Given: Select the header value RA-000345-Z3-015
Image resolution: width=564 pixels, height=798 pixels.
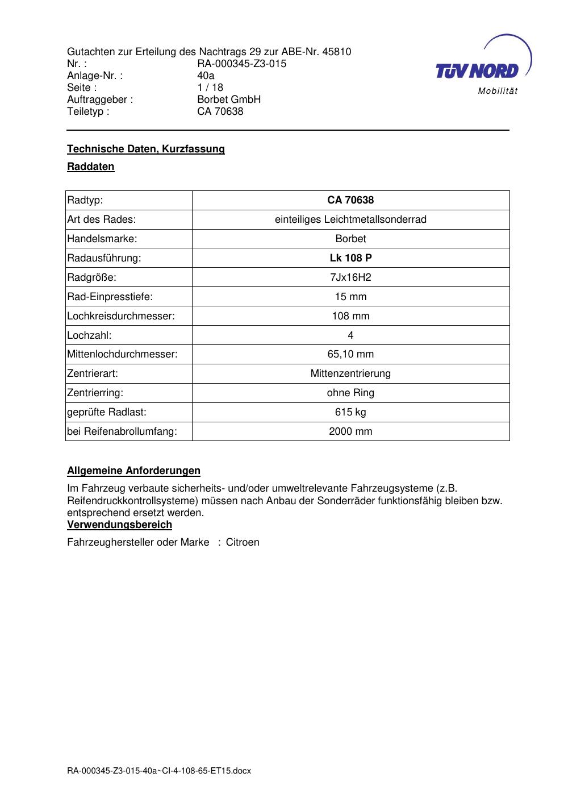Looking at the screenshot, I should point(241,64).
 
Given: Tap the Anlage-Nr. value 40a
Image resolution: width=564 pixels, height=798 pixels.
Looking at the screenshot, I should point(206,76).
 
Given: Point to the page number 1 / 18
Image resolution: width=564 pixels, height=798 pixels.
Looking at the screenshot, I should point(210,88).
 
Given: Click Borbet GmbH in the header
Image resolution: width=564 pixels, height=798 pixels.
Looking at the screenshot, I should point(229,99).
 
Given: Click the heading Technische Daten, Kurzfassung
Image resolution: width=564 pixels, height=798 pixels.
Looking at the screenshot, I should point(146,149).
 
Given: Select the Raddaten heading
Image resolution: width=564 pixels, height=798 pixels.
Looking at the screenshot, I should point(91,167).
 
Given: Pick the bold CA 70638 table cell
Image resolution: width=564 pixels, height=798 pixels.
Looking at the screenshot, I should point(350,200).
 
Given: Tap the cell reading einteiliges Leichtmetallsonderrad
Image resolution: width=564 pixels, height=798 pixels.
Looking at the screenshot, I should point(350,219).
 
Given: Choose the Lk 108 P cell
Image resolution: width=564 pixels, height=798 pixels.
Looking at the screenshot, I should point(350,258).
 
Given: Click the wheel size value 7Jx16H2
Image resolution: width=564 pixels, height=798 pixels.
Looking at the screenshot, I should point(350,277).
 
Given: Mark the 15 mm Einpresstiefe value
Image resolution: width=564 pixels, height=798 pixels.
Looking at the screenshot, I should point(350,297).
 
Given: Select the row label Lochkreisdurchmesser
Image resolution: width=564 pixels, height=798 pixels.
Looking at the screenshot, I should point(120,316).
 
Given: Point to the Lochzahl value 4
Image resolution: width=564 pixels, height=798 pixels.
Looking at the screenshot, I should point(350,335).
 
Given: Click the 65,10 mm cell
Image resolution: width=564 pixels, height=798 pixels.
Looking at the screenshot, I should point(350,354).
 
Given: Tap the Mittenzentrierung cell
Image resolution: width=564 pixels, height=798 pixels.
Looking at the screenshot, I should point(350,373).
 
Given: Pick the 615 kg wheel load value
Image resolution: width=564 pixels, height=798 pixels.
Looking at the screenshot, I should point(350,412).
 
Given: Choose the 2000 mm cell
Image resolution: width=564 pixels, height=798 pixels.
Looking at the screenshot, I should point(350,431).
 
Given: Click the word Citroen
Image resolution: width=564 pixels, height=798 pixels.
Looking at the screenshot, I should point(243,542).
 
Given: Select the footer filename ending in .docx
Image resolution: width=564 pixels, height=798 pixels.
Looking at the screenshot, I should point(159,771).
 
